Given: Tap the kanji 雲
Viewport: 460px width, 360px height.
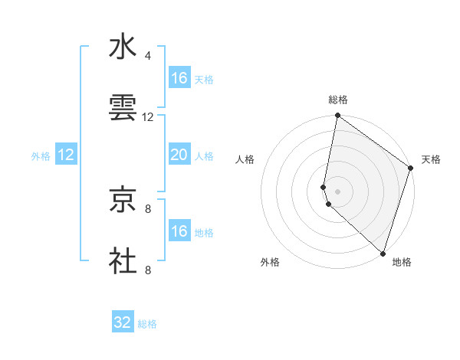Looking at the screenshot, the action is point(123,109).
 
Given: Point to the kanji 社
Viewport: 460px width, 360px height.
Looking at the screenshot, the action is point(123,260).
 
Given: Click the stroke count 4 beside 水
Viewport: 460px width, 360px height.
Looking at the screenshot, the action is point(148,55).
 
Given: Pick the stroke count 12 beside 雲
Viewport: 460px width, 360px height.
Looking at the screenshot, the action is point(148,117).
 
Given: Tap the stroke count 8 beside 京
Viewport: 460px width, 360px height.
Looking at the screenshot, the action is point(148,208).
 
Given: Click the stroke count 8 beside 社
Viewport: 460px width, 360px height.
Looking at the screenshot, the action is point(148,270).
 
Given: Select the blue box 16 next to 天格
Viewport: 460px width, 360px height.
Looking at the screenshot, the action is point(179,78).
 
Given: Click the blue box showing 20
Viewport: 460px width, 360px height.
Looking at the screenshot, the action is point(179,155).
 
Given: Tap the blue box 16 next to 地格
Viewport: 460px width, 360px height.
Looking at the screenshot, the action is point(179,231).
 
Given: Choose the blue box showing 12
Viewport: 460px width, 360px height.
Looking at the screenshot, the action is point(66,155).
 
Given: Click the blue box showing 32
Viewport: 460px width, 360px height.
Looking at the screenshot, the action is point(123,322).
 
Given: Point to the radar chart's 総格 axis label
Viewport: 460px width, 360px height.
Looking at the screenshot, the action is point(337,100).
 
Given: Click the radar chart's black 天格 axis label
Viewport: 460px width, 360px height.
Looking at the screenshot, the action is point(431,159).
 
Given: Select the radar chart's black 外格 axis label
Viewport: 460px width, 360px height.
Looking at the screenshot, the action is point(270,262).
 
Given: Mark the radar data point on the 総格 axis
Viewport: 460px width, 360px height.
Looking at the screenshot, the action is point(337,116).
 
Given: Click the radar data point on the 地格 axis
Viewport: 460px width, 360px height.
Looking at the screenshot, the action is point(383,253).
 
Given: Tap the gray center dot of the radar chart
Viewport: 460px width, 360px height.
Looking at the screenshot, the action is point(337,191).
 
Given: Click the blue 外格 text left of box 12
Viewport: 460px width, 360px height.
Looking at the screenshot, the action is point(41,155).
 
